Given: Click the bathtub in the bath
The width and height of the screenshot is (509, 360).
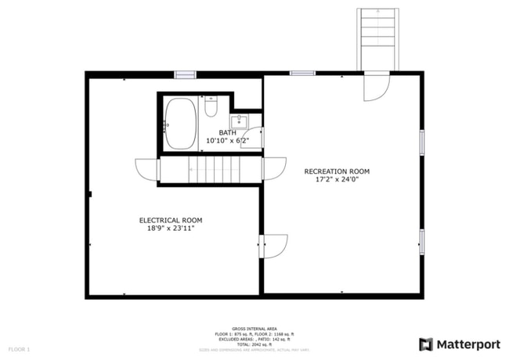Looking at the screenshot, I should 182,124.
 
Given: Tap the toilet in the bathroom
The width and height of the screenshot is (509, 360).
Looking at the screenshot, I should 210,107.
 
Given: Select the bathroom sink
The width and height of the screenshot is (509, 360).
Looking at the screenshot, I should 239,121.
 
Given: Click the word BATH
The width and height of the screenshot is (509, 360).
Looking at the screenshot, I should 227,132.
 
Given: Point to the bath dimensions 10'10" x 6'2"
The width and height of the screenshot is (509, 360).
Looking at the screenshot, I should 227,141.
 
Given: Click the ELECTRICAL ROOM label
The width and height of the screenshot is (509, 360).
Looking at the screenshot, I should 171,220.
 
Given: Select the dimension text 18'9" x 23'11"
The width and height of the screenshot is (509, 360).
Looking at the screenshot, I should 171,229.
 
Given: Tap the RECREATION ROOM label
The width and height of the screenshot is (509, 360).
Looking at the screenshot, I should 337,171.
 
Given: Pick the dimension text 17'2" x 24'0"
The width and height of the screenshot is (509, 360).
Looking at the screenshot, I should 337,180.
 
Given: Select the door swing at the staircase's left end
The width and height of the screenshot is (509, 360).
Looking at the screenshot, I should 146,168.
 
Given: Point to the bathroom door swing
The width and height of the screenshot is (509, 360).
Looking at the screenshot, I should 256,138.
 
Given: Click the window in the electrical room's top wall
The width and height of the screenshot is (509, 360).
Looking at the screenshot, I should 186,74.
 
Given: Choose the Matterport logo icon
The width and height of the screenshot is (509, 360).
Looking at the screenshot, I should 426,344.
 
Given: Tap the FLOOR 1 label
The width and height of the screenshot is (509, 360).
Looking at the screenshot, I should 20,348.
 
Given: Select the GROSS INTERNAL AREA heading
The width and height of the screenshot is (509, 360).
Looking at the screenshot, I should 254,329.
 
